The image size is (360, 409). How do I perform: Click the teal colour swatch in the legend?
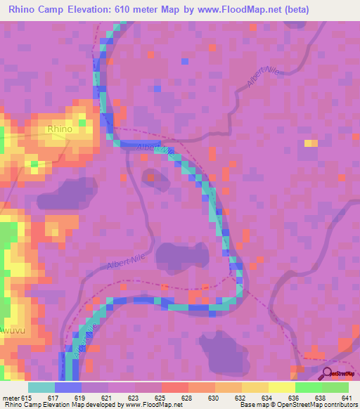click(41, 387)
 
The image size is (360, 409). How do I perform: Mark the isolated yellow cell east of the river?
click(309, 143)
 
